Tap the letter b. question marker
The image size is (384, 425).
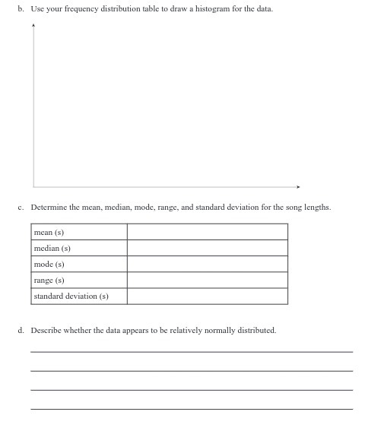point(21,9)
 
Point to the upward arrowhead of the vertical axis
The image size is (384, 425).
point(33,24)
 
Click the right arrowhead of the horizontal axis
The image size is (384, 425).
point(299,186)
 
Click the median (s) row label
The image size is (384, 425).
point(52,248)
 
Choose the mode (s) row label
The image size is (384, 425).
point(49,264)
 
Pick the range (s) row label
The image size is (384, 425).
point(49,280)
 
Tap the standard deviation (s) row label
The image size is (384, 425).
point(71,296)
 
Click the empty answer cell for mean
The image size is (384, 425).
point(207,232)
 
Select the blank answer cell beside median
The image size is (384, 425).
point(207,248)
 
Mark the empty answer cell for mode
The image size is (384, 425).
point(207,264)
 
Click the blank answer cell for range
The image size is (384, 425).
point(207,280)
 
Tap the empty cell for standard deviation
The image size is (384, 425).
point(207,296)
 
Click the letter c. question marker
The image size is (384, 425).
point(21,207)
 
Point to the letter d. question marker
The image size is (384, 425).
point(21,331)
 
